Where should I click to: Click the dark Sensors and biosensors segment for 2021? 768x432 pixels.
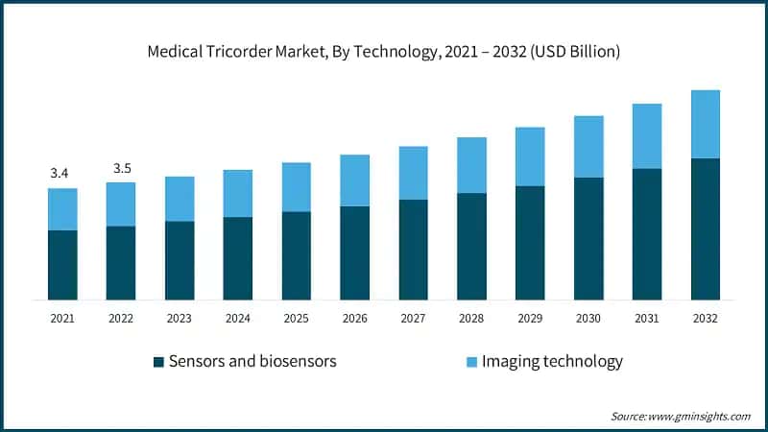click(62, 265)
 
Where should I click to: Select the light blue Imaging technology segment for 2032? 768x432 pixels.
click(706, 124)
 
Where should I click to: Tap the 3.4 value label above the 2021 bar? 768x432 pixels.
click(60, 174)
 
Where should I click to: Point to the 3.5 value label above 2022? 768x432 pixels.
click(122, 168)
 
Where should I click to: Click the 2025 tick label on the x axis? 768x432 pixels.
click(296, 318)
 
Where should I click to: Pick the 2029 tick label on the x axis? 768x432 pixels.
click(530, 318)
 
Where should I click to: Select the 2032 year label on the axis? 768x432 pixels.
click(706, 318)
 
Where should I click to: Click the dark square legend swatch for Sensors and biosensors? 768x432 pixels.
click(158, 362)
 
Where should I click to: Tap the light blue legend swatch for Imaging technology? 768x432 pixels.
click(471, 362)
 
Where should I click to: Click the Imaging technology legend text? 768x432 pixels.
click(552, 361)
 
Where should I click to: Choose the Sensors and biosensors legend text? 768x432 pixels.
click(252, 361)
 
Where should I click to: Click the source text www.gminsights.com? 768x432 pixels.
click(700, 416)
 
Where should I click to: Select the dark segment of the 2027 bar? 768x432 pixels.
click(414, 250)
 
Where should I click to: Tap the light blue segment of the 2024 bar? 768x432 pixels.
click(238, 193)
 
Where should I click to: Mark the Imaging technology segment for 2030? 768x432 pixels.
click(588, 147)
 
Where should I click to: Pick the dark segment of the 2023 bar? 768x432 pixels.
click(180, 260)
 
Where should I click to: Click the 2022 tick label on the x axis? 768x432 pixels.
click(121, 318)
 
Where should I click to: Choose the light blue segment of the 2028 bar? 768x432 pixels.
click(471, 165)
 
